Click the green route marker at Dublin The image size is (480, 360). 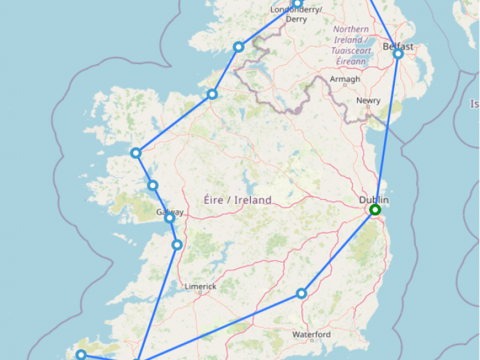point(375,209)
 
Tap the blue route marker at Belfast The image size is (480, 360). point(398,54)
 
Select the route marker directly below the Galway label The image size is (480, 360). point(170,218)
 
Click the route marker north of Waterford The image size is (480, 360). point(302,293)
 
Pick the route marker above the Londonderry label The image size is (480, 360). point(297,4)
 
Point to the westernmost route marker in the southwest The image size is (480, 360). point(81,355)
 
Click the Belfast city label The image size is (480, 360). point(398,46)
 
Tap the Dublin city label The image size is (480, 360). point(374,200)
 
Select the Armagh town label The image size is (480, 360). point(345,79)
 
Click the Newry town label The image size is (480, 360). point(368,101)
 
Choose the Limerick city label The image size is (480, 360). point(200,287)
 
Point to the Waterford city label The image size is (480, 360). point(311,334)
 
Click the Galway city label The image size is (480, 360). point(170,212)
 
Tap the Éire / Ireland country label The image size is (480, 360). point(238,200)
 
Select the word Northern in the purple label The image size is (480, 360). point(351,29)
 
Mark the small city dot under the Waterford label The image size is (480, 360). point(312,340)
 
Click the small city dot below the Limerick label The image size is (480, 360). point(200,293)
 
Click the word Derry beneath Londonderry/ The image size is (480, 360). point(296,19)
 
